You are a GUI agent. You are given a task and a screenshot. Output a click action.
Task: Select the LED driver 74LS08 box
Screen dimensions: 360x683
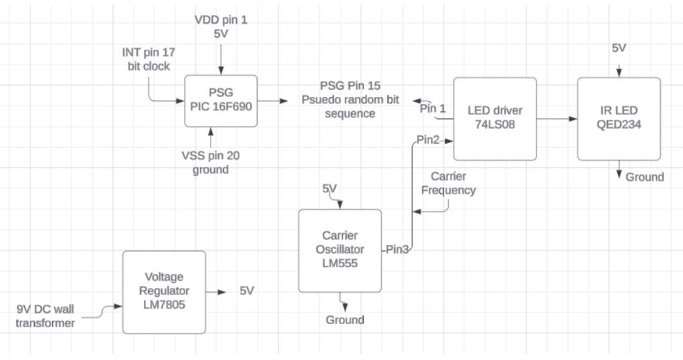pyautogui.click(x=494, y=119)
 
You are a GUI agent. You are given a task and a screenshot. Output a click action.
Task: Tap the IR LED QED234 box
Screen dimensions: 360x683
pyautogui.click(x=619, y=119)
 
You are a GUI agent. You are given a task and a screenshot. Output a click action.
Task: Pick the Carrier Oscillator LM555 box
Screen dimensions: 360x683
pyautogui.click(x=340, y=250)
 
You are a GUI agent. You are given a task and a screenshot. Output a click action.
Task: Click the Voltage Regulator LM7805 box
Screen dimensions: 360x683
pyautogui.click(x=164, y=292)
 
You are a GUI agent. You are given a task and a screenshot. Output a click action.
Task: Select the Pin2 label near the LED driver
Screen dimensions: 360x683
pyautogui.click(x=428, y=140)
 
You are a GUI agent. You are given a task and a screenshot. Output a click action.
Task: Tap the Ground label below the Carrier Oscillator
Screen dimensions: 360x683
pyautogui.click(x=344, y=319)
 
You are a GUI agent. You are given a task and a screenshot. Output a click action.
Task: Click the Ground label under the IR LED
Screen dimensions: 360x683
pyautogui.click(x=644, y=176)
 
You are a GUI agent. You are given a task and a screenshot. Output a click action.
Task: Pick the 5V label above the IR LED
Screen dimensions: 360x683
pyautogui.click(x=618, y=49)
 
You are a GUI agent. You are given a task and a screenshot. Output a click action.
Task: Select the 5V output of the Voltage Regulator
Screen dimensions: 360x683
pyautogui.click(x=247, y=291)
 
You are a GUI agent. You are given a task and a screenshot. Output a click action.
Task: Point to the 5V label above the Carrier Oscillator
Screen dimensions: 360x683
pyautogui.click(x=330, y=189)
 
